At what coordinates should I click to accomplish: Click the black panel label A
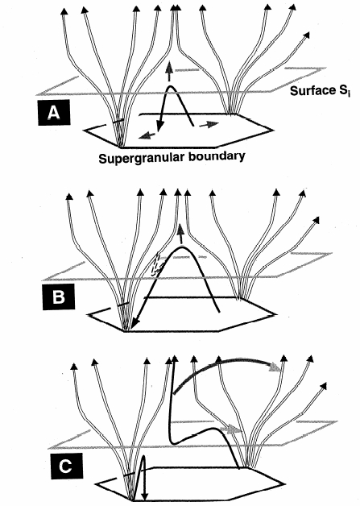(x=53, y=112)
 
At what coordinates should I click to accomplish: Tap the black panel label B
(x=58, y=297)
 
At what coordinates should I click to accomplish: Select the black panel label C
(x=66, y=466)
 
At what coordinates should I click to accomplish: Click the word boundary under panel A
(x=217, y=156)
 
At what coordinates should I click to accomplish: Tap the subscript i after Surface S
(x=349, y=94)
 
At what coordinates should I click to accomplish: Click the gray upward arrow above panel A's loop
(x=168, y=72)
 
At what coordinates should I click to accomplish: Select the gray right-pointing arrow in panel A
(x=209, y=125)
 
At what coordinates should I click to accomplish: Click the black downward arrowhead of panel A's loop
(x=159, y=126)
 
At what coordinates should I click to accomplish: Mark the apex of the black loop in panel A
(x=170, y=86)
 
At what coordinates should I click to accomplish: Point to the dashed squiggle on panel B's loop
(x=158, y=263)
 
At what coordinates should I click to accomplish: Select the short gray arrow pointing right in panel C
(x=230, y=429)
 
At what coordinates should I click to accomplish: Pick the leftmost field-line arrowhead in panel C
(x=74, y=367)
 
